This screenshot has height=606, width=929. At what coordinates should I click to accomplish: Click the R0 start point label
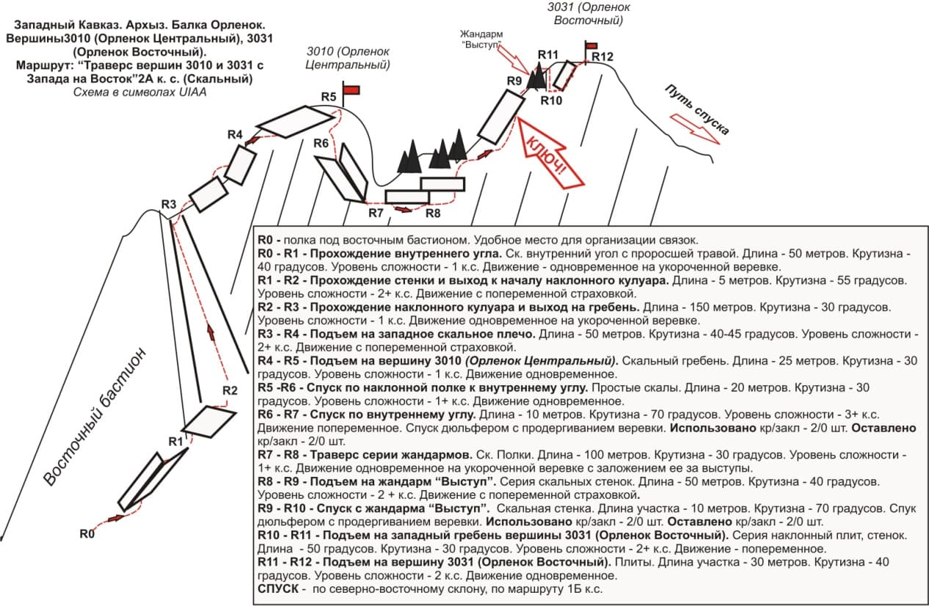(x=87, y=534)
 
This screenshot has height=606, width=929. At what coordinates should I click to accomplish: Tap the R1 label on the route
(x=175, y=442)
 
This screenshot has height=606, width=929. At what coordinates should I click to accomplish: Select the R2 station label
(x=230, y=390)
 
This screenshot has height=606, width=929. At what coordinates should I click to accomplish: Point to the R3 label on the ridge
(x=170, y=205)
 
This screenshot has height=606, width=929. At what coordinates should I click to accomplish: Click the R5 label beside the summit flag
(x=329, y=97)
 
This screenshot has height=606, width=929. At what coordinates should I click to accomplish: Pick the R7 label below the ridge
(x=376, y=213)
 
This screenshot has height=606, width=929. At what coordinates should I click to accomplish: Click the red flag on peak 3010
(x=351, y=90)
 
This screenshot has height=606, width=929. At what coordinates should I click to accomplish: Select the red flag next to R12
(x=591, y=45)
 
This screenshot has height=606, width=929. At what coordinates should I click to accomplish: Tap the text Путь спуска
(x=697, y=109)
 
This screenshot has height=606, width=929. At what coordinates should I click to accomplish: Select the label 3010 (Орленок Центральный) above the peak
(x=348, y=58)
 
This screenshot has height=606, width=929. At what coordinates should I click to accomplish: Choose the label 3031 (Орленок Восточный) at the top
(x=585, y=13)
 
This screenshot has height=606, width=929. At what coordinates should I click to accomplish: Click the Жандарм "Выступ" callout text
(x=481, y=39)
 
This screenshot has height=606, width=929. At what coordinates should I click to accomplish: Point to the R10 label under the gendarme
(x=551, y=101)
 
